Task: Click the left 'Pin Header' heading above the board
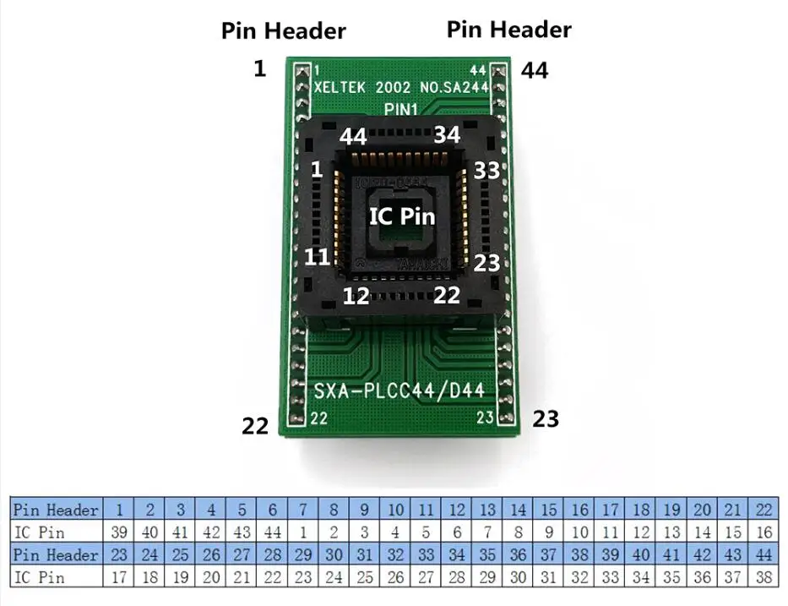click(x=283, y=31)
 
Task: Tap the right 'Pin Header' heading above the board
click(x=508, y=30)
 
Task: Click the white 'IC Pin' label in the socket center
click(x=402, y=216)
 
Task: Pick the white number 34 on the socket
click(x=448, y=135)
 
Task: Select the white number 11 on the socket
click(x=317, y=257)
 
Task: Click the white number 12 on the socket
click(x=356, y=296)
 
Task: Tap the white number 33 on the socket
click(x=487, y=170)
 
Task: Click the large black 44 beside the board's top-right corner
click(x=534, y=71)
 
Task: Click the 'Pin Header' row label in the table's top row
click(x=56, y=510)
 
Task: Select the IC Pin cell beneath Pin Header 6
click(x=272, y=532)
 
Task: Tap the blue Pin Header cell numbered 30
click(x=334, y=556)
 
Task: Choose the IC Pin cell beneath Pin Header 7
click(x=302, y=532)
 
